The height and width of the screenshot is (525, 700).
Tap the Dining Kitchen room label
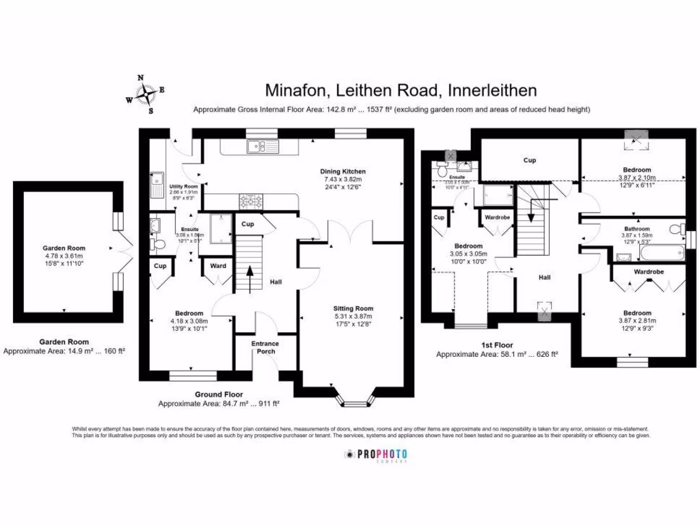coord(343,171)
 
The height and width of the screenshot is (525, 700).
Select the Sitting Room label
coord(353,308)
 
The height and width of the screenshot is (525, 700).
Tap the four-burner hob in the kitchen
coord(250,200)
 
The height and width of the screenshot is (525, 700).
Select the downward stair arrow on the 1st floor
coord(530,219)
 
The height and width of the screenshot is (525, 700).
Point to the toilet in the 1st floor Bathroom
coord(676,228)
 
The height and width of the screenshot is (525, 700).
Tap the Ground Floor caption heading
coord(218,394)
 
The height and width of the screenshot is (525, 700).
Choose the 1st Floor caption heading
coord(496,345)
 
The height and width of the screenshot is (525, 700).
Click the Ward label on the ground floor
coord(218,266)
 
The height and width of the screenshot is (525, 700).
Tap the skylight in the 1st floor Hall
coord(544,311)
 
